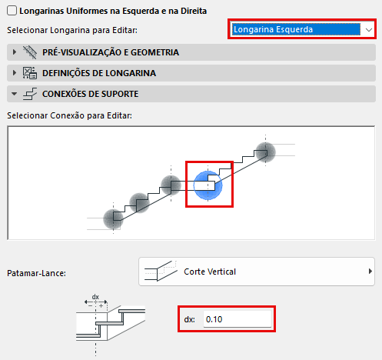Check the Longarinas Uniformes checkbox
(12, 11)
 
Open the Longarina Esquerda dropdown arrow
(369, 30)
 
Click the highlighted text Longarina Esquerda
(273, 29)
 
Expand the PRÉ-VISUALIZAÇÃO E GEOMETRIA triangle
(15, 52)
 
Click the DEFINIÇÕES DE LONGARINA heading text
(99, 73)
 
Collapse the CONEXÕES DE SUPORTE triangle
(15, 94)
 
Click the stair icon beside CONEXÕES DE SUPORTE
(30, 94)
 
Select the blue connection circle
(208, 185)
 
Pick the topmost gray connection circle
(266, 152)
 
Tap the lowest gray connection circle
(113, 219)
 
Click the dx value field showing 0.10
(238, 319)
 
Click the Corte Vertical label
(210, 272)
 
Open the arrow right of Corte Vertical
(370, 272)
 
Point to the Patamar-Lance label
(36, 273)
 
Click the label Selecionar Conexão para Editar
(69, 115)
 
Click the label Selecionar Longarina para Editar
(72, 30)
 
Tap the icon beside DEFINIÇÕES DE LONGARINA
(30, 73)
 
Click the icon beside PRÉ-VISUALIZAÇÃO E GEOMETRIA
(30, 52)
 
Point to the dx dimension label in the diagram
(95, 297)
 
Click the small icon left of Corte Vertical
(161, 272)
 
